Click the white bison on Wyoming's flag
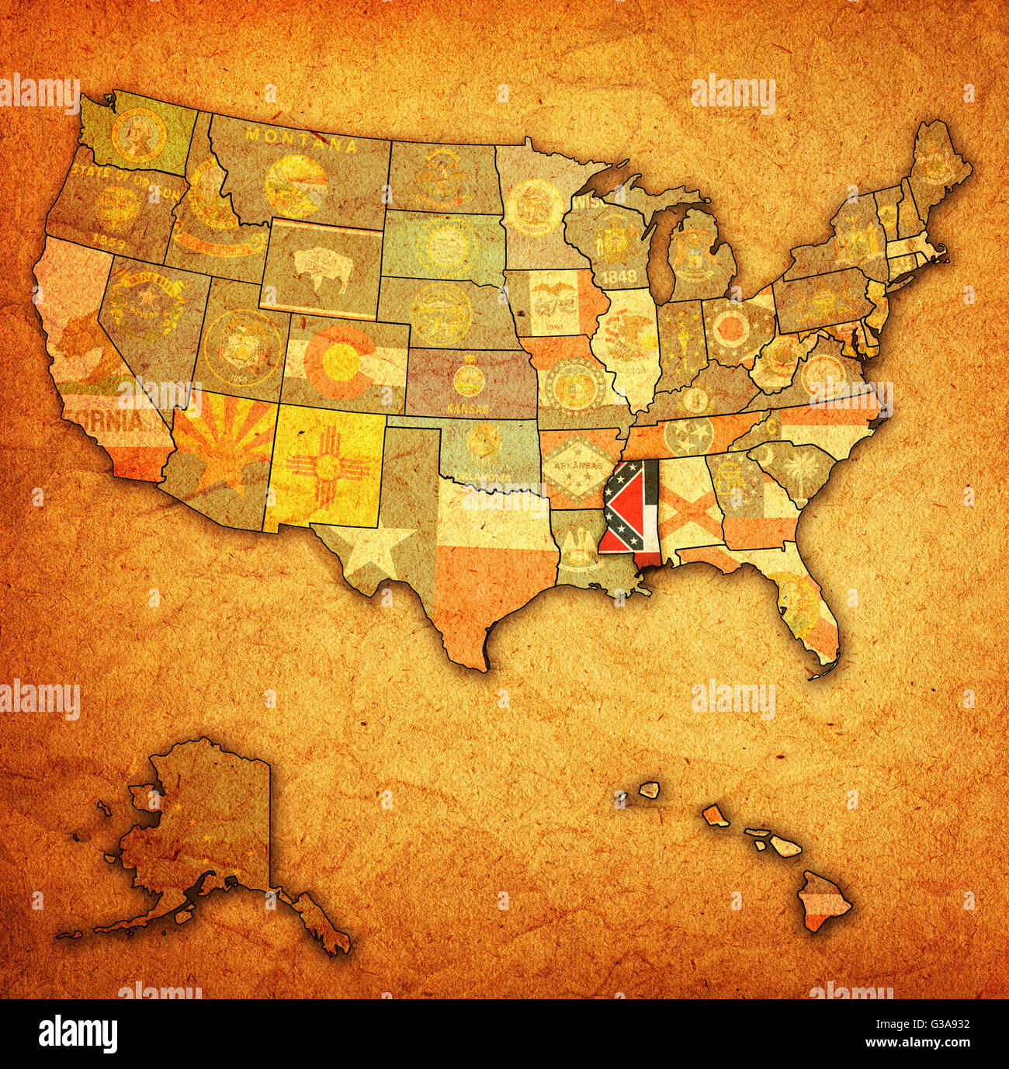[x=320, y=266]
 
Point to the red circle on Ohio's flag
[x=730, y=328]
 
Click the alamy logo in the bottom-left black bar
[x=78, y=1033]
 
